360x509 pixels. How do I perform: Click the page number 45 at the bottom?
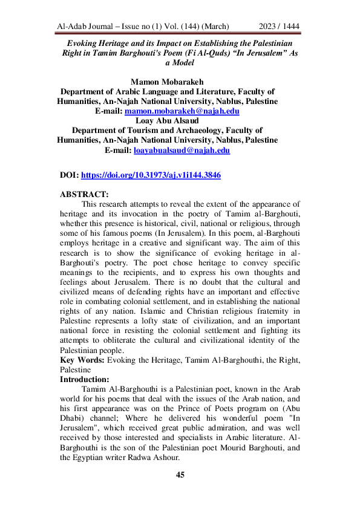point(180,475)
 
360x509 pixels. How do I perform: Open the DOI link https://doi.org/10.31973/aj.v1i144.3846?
point(151,175)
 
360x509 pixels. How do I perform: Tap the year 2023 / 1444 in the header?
point(279,27)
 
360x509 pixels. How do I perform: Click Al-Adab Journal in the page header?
point(85,27)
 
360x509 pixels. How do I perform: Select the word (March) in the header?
point(213,27)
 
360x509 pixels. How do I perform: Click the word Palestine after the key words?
point(77,370)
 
